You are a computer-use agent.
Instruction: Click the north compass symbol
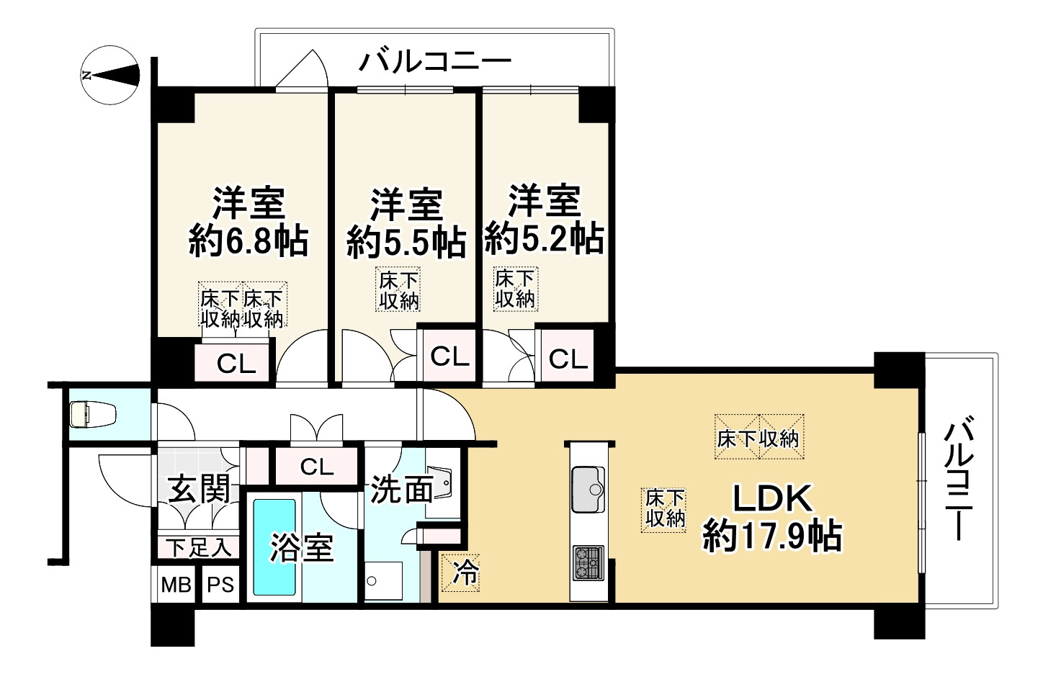coord(110,75)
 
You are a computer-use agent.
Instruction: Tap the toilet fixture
coord(93,414)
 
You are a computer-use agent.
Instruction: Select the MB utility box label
coord(176,585)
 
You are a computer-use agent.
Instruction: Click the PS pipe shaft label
coord(220,585)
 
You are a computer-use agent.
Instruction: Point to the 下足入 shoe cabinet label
coord(199,548)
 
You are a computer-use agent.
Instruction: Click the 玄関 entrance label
coord(200,489)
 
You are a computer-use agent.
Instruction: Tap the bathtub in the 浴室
coord(274,547)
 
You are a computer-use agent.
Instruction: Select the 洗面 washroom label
coord(401,489)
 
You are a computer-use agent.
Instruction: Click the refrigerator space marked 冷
coord(461,572)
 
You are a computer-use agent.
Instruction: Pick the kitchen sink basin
coord(588,489)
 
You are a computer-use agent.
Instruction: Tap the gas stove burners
coord(588,563)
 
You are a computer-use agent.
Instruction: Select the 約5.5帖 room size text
coord(406,242)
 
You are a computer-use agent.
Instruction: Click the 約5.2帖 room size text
coord(544,239)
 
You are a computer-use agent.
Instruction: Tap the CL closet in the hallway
coord(317,467)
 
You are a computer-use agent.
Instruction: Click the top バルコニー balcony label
coord(435,63)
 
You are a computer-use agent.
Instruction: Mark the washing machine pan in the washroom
coord(383,580)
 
